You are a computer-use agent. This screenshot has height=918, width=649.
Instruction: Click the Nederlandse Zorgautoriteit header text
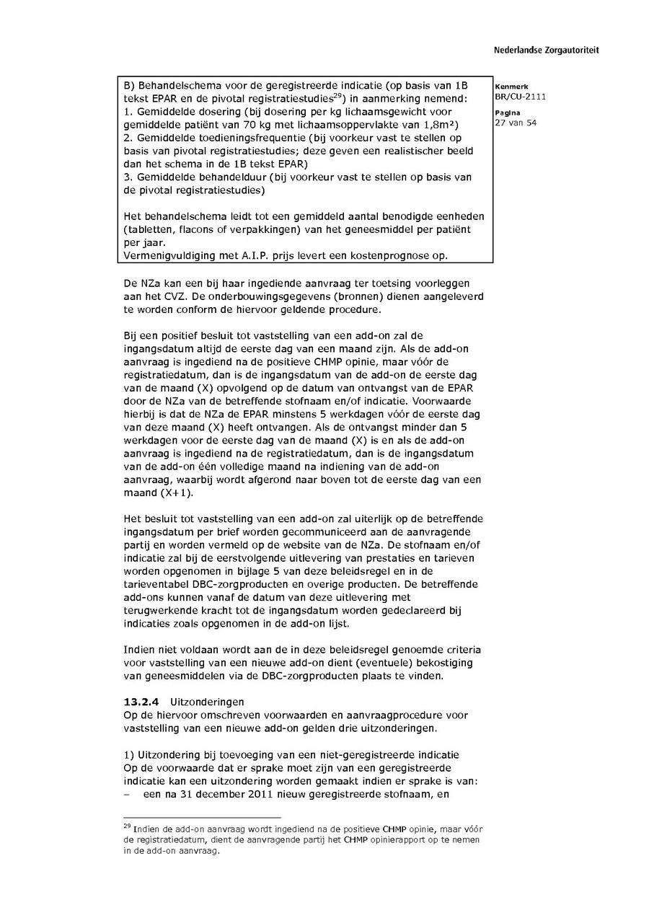click(546, 50)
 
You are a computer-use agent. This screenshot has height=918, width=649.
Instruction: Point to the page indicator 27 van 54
click(516, 123)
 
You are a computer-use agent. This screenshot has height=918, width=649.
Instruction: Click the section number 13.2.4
click(141, 702)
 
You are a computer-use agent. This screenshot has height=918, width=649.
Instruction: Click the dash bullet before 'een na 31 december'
click(128, 795)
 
